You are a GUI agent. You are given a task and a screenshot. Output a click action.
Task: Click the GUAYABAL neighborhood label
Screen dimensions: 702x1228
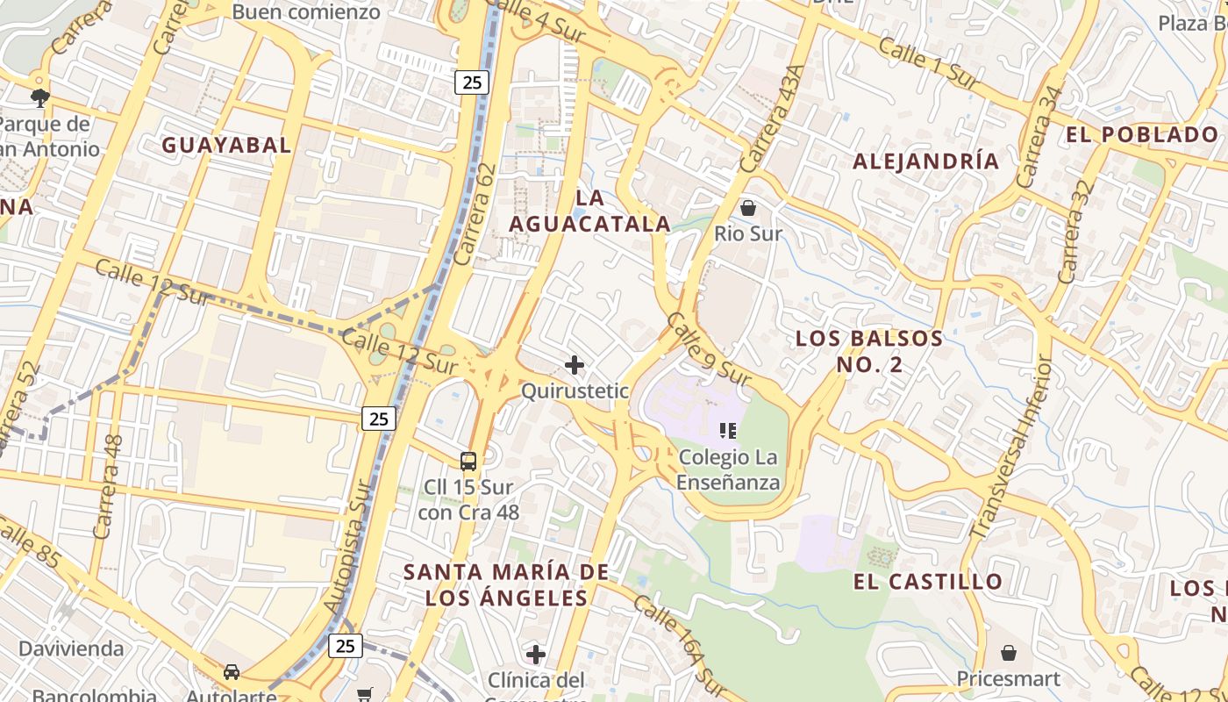point(226,146)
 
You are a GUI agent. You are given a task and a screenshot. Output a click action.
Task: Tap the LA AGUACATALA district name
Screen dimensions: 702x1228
point(590,211)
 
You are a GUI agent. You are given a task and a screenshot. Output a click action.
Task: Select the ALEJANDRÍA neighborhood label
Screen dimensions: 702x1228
point(926,161)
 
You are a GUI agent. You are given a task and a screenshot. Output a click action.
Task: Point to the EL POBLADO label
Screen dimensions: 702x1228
point(1141,135)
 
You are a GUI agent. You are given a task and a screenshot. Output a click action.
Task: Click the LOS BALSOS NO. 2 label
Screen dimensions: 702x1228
point(869,351)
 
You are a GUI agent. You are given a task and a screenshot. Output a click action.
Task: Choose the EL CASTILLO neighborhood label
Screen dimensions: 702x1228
point(928,582)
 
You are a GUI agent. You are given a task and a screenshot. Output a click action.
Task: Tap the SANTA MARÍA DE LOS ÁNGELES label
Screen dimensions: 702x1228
point(506,585)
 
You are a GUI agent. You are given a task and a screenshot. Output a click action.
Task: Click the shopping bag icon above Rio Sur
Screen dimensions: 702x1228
point(748,208)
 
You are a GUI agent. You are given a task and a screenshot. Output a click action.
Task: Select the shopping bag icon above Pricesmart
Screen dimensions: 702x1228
point(1009,653)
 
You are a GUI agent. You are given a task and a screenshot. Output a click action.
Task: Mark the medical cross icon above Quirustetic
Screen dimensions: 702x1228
point(575,364)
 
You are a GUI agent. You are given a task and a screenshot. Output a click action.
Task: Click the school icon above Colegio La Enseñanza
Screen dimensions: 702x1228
point(727,430)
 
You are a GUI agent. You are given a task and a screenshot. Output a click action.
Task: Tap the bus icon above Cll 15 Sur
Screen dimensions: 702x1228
point(468,461)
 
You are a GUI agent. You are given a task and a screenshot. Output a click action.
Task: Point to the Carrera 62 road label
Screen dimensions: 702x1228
point(476,214)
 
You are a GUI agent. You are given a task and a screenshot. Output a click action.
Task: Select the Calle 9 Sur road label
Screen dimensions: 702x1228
point(708,348)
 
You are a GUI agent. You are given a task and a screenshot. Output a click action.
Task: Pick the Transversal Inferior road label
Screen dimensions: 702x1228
point(1010,448)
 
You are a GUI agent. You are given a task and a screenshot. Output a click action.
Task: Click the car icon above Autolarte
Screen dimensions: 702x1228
point(232,672)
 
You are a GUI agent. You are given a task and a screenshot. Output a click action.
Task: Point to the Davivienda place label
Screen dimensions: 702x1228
point(71,649)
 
